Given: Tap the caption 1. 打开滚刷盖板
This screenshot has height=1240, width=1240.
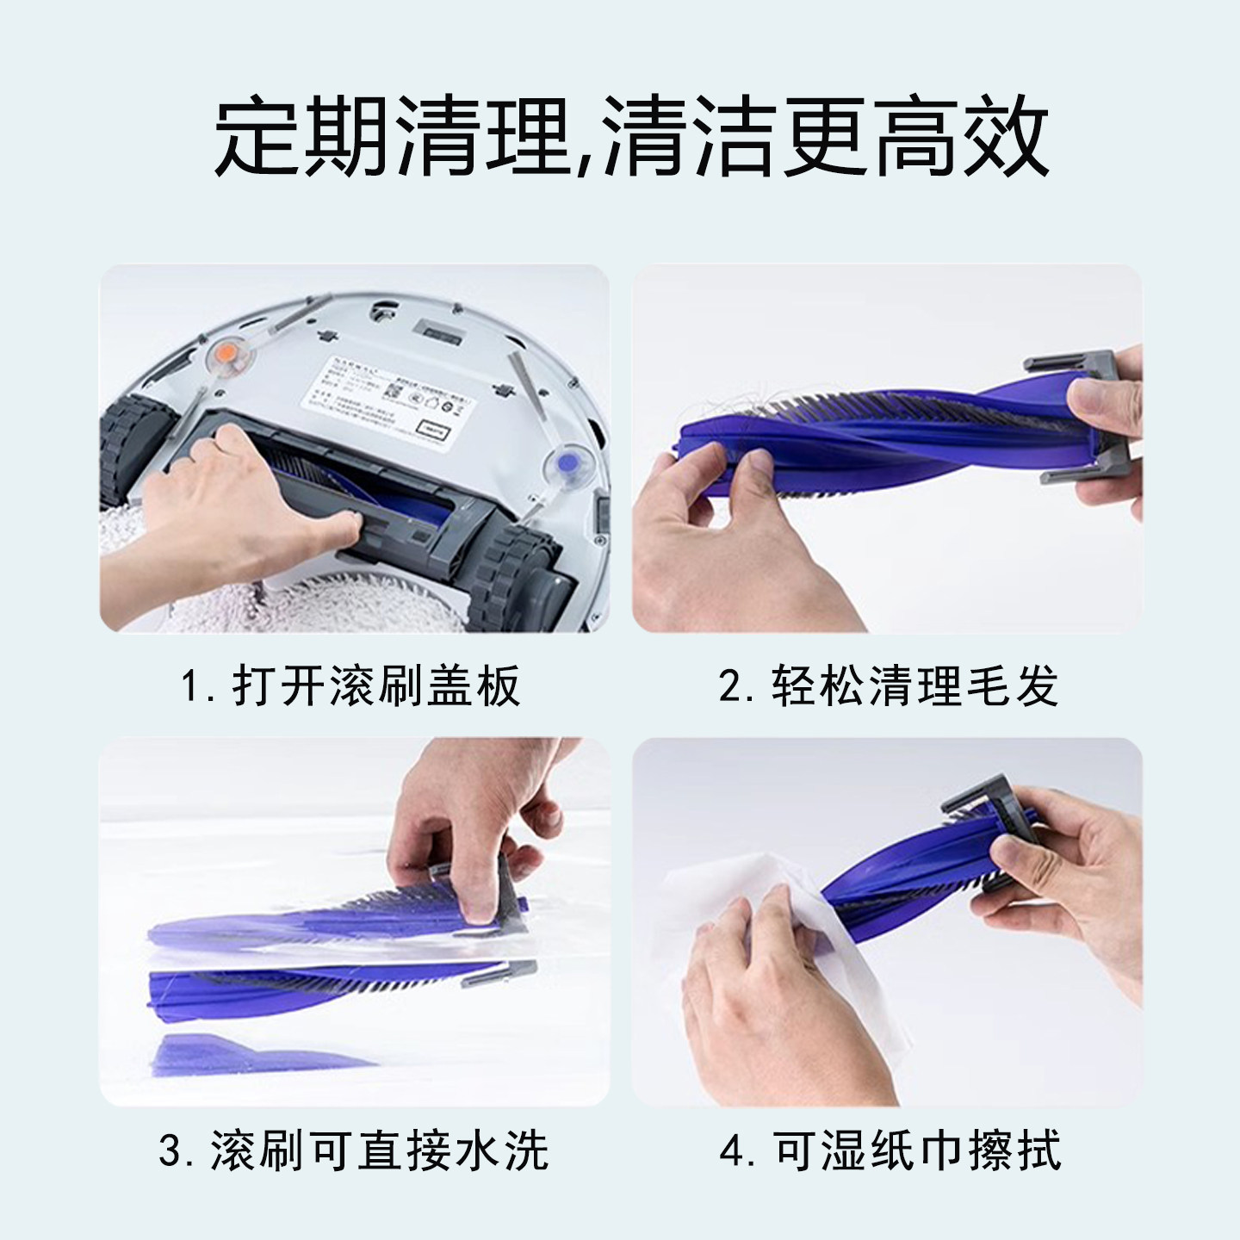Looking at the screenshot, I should [x=351, y=686].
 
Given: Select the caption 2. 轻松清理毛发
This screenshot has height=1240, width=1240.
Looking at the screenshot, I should [x=888, y=686].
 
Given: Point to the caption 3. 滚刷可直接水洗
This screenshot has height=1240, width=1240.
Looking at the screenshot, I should [x=353, y=1149].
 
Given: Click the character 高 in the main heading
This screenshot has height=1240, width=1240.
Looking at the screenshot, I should [x=915, y=138].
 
